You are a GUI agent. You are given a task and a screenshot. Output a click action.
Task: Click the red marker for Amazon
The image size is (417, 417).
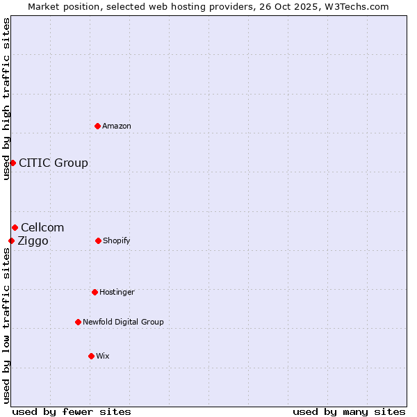tap(98, 126)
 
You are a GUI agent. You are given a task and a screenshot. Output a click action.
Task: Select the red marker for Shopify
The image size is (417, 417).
tap(98, 240)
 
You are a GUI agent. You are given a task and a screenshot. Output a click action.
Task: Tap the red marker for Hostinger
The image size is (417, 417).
tap(95, 292)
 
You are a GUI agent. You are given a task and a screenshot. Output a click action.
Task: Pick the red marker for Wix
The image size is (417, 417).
tap(91, 356)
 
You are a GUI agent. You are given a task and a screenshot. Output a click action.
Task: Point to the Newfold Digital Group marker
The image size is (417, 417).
tap(78, 322)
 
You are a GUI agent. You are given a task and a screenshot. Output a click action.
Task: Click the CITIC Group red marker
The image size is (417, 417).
tap(13, 163)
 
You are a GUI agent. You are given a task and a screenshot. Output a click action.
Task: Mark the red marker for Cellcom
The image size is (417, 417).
tap(15, 227)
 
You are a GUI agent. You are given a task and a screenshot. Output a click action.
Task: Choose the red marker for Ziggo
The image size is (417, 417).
tap(11, 240)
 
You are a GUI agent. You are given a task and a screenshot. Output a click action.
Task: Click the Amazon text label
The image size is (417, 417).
tap(117, 126)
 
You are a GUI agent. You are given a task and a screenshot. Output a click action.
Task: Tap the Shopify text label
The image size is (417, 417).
tap(117, 240)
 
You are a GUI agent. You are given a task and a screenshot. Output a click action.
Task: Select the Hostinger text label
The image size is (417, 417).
tap(117, 292)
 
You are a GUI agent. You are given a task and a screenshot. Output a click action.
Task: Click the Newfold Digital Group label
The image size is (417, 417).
tap(123, 322)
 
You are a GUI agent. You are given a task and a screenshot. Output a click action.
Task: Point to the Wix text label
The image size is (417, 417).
tap(103, 356)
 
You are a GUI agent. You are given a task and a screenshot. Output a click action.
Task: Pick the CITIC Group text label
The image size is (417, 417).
tap(54, 163)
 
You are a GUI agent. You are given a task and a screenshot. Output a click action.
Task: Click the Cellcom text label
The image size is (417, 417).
tap(42, 227)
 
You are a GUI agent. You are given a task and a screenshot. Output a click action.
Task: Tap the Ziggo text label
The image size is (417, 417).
tap(33, 240)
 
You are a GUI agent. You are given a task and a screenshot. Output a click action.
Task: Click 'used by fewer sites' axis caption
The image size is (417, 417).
tap(72, 411)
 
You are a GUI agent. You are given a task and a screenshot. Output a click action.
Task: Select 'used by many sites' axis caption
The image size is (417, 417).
tap(349, 411)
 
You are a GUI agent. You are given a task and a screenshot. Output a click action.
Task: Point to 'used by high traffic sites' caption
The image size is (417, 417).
tap(6, 99)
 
